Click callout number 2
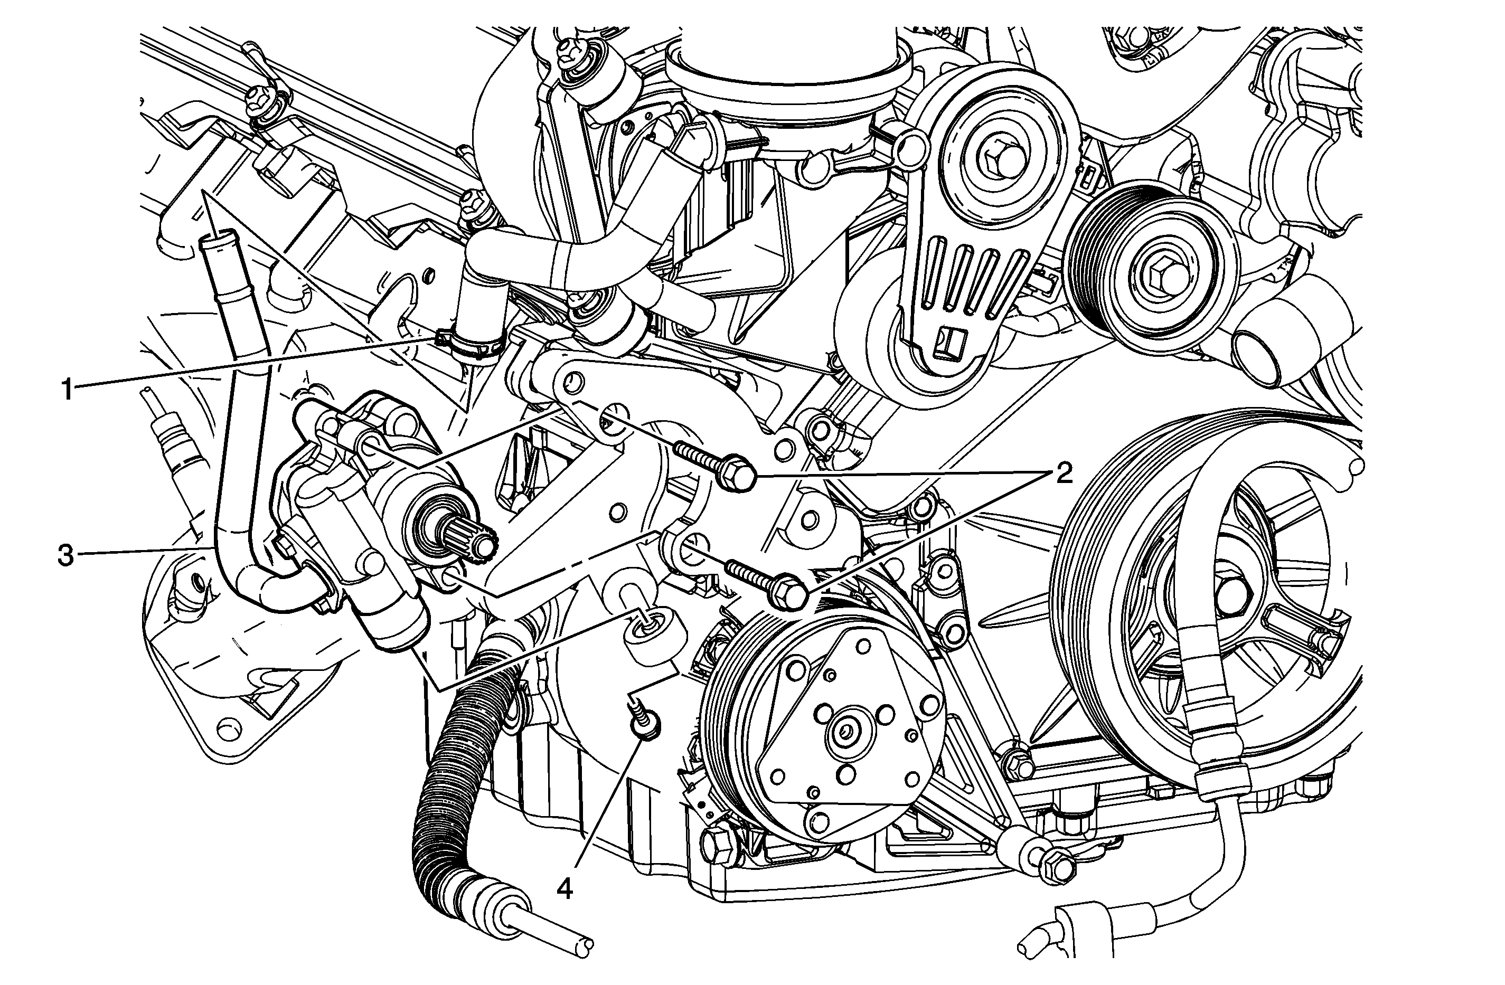[1062, 472]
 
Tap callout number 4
[565, 889]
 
